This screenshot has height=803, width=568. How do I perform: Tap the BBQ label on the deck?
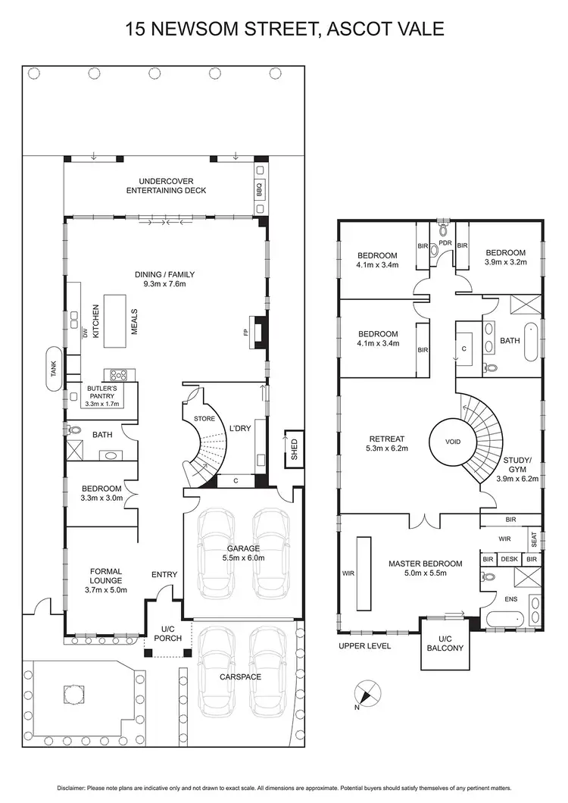point(258,189)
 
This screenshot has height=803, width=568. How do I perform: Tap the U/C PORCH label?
point(164,633)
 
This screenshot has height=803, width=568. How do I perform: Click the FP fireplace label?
point(246,333)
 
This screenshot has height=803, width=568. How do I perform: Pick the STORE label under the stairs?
point(204,418)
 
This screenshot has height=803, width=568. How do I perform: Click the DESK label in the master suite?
point(510,559)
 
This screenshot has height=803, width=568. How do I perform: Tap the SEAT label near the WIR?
point(534,539)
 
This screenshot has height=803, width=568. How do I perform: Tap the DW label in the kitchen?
point(83,333)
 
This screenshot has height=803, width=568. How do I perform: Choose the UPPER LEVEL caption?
point(366,646)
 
